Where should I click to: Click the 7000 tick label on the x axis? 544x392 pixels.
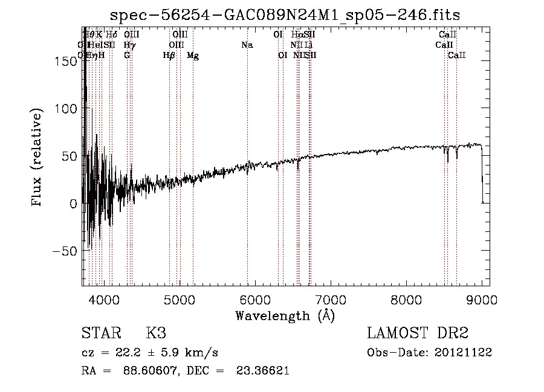click(x=331, y=299)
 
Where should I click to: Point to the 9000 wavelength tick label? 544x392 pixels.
click(x=482, y=299)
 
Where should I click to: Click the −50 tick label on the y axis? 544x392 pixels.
click(x=64, y=251)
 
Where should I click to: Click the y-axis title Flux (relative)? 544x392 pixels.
click(x=37, y=158)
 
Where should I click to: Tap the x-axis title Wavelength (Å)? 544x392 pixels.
click(x=285, y=315)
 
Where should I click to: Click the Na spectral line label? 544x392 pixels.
click(x=247, y=45)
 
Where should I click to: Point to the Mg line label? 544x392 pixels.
click(x=193, y=56)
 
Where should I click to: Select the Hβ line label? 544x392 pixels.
click(x=169, y=56)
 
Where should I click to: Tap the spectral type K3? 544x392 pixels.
click(x=156, y=333)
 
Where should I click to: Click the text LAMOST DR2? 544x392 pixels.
click(x=418, y=333)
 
